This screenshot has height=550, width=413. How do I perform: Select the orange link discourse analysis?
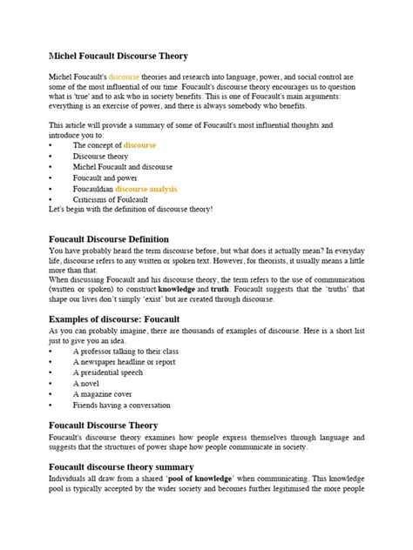146,188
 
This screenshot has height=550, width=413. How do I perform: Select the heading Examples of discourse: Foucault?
114,319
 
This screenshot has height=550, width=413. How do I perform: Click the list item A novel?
88,382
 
